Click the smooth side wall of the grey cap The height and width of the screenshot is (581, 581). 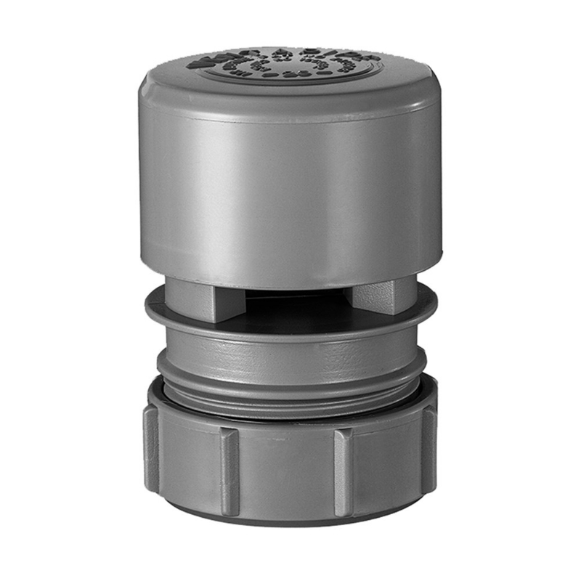click(x=290, y=189)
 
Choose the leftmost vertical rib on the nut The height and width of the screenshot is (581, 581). click(x=152, y=447)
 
